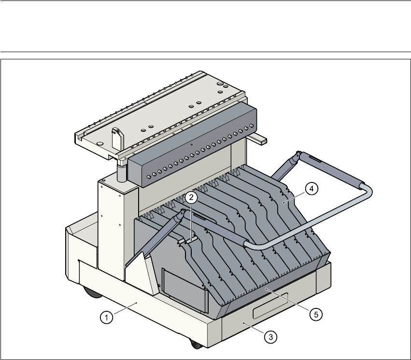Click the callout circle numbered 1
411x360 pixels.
[x=106, y=317]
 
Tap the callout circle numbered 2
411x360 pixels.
[x=191, y=197]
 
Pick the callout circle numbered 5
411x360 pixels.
[x=315, y=314]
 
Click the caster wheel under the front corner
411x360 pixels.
[x=195, y=344]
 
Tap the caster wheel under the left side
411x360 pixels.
[x=89, y=292]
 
